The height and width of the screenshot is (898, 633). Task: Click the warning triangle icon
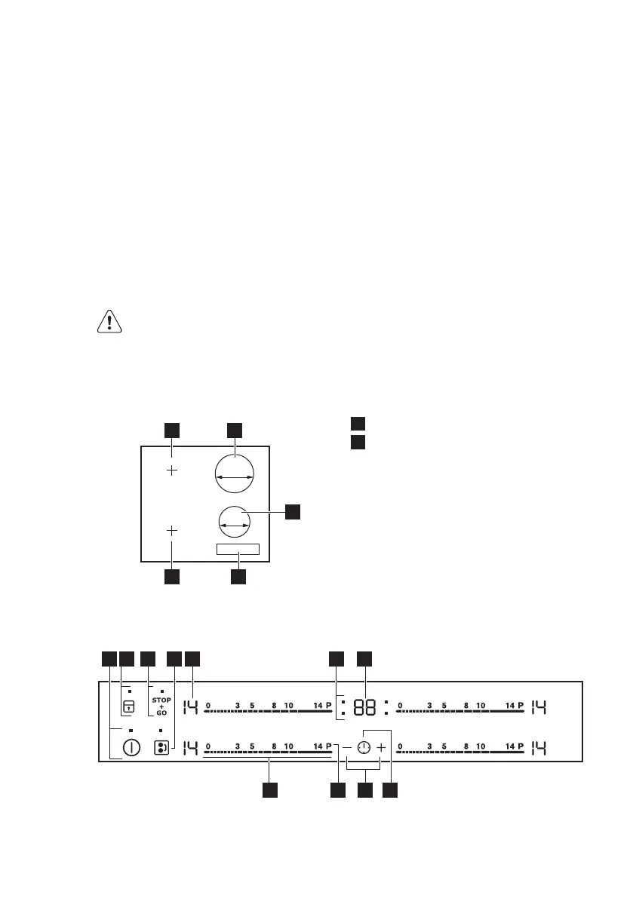(110, 322)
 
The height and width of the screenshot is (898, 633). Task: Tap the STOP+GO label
(162, 706)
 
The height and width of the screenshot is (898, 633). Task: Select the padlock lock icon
(129, 707)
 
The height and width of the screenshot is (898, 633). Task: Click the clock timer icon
(364, 747)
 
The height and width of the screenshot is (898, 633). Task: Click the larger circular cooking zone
(234, 477)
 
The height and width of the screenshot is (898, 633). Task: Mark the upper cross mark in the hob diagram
(172, 470)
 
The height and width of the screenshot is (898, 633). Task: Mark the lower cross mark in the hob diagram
(172, 531)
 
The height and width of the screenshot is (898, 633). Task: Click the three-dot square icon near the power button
(161, 748)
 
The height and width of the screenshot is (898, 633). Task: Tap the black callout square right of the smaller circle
(293, 512)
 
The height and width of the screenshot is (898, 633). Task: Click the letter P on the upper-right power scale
(521, 705)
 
